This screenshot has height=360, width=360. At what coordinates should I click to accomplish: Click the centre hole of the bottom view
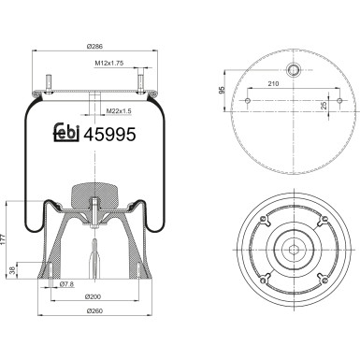click(293, 248)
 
